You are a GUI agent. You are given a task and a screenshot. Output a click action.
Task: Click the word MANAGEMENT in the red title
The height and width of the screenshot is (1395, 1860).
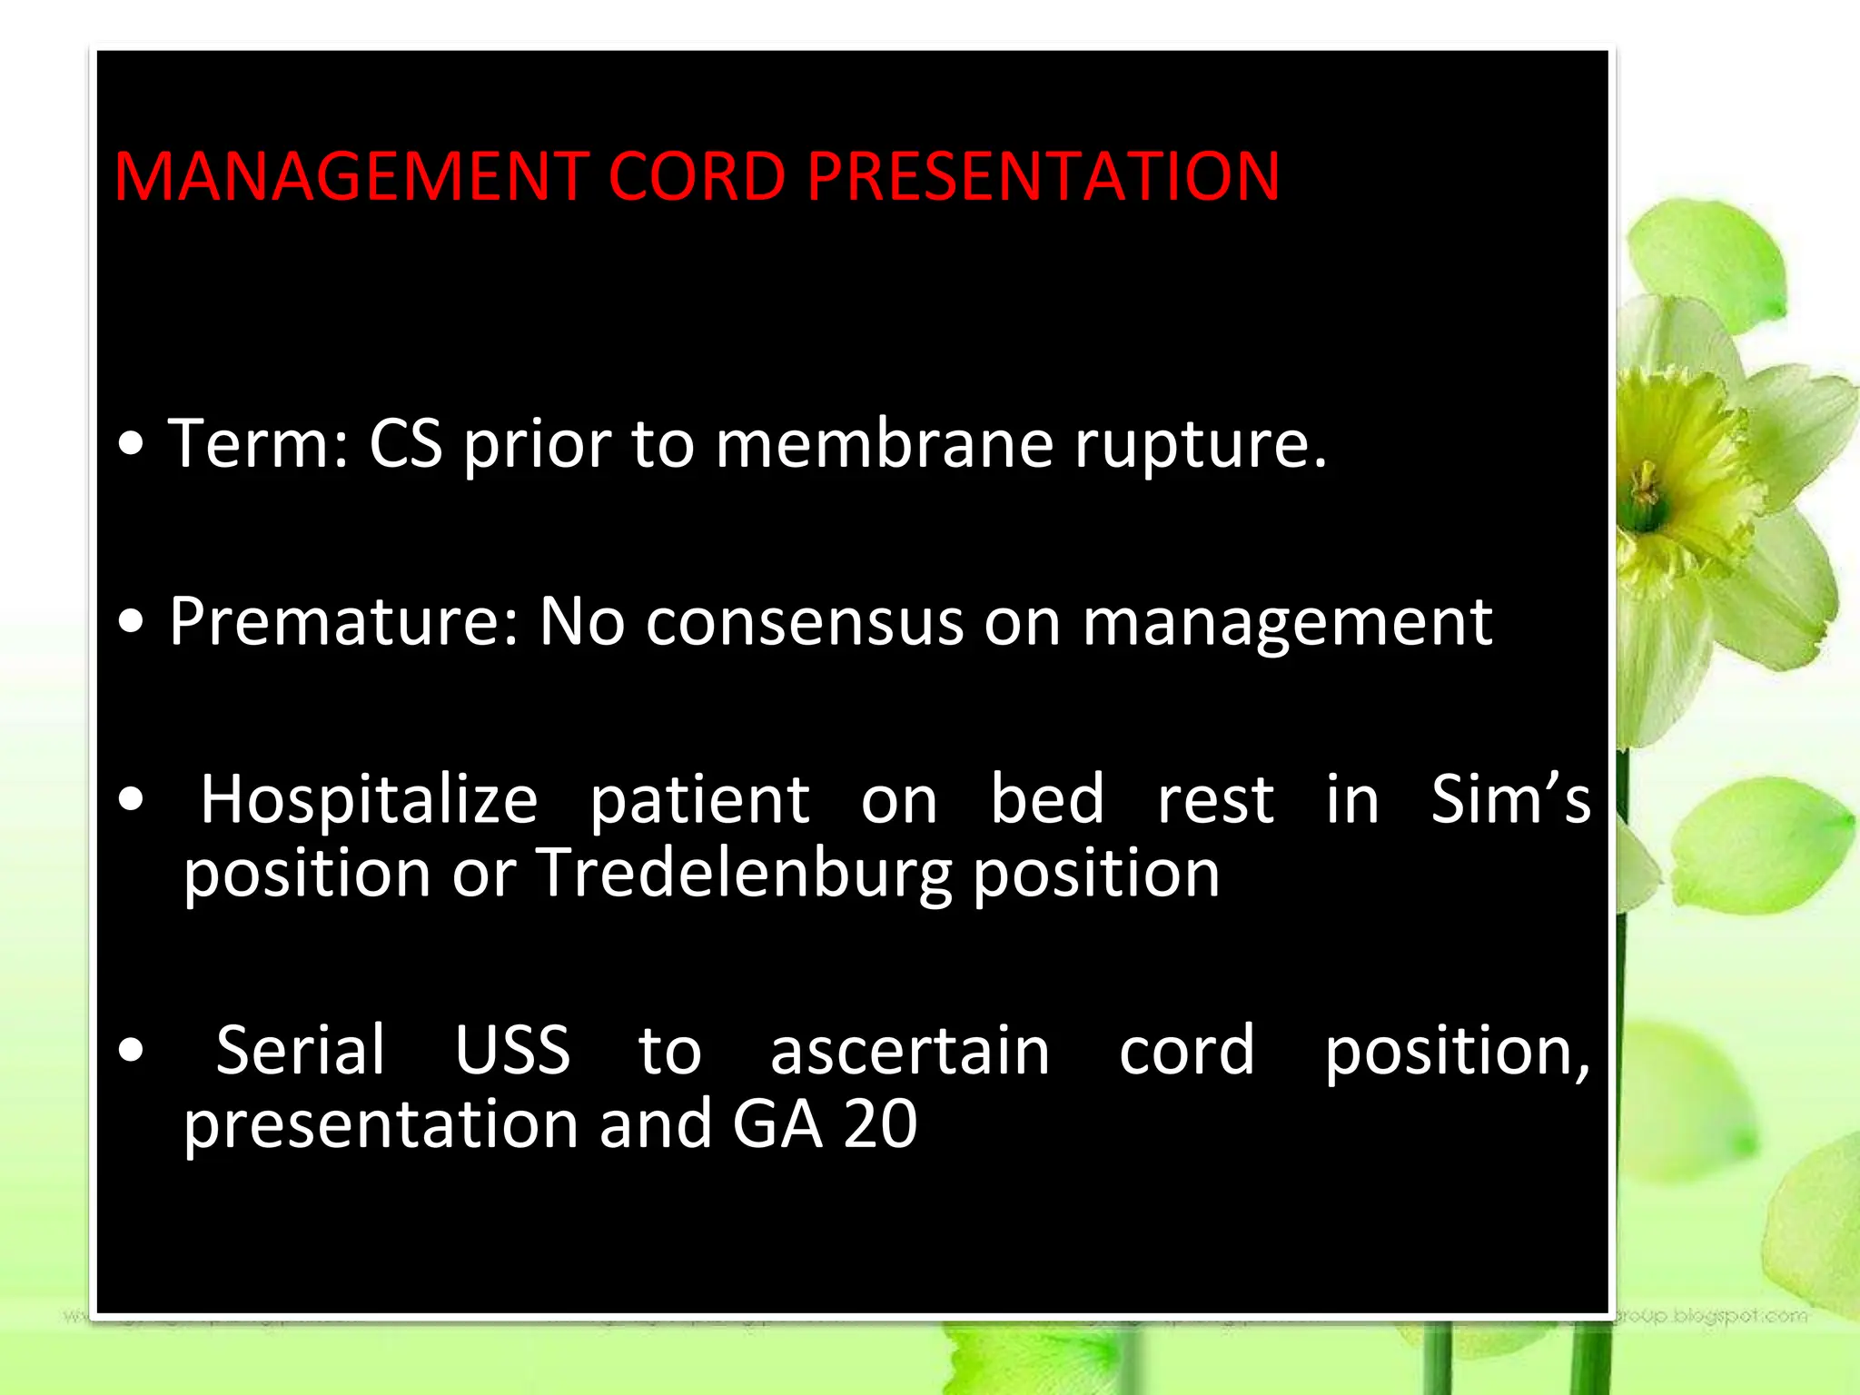tap(350, 176)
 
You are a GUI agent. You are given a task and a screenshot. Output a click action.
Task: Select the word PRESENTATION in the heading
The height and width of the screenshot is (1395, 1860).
tap(1043, 176)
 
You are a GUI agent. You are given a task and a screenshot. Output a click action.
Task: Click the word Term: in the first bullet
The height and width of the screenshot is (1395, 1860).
tap(260, 444)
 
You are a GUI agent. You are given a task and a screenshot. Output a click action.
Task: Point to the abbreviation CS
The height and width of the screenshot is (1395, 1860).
tap(406, 444)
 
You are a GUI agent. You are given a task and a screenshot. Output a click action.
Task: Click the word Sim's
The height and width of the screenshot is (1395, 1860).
tap(1509, 799)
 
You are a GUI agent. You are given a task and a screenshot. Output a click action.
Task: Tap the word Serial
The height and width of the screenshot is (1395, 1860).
tap(301, 1051)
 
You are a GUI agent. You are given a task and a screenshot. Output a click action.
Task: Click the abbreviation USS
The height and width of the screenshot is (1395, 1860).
tap(512, 1051)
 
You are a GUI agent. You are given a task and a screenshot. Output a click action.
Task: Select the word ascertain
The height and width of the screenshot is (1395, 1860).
tap(909, 1051)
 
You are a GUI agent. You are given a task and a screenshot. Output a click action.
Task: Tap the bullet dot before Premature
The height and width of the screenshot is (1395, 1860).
tap(132, 624)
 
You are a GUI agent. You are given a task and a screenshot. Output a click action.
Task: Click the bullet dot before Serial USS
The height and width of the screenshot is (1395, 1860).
tap(132, 1051)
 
